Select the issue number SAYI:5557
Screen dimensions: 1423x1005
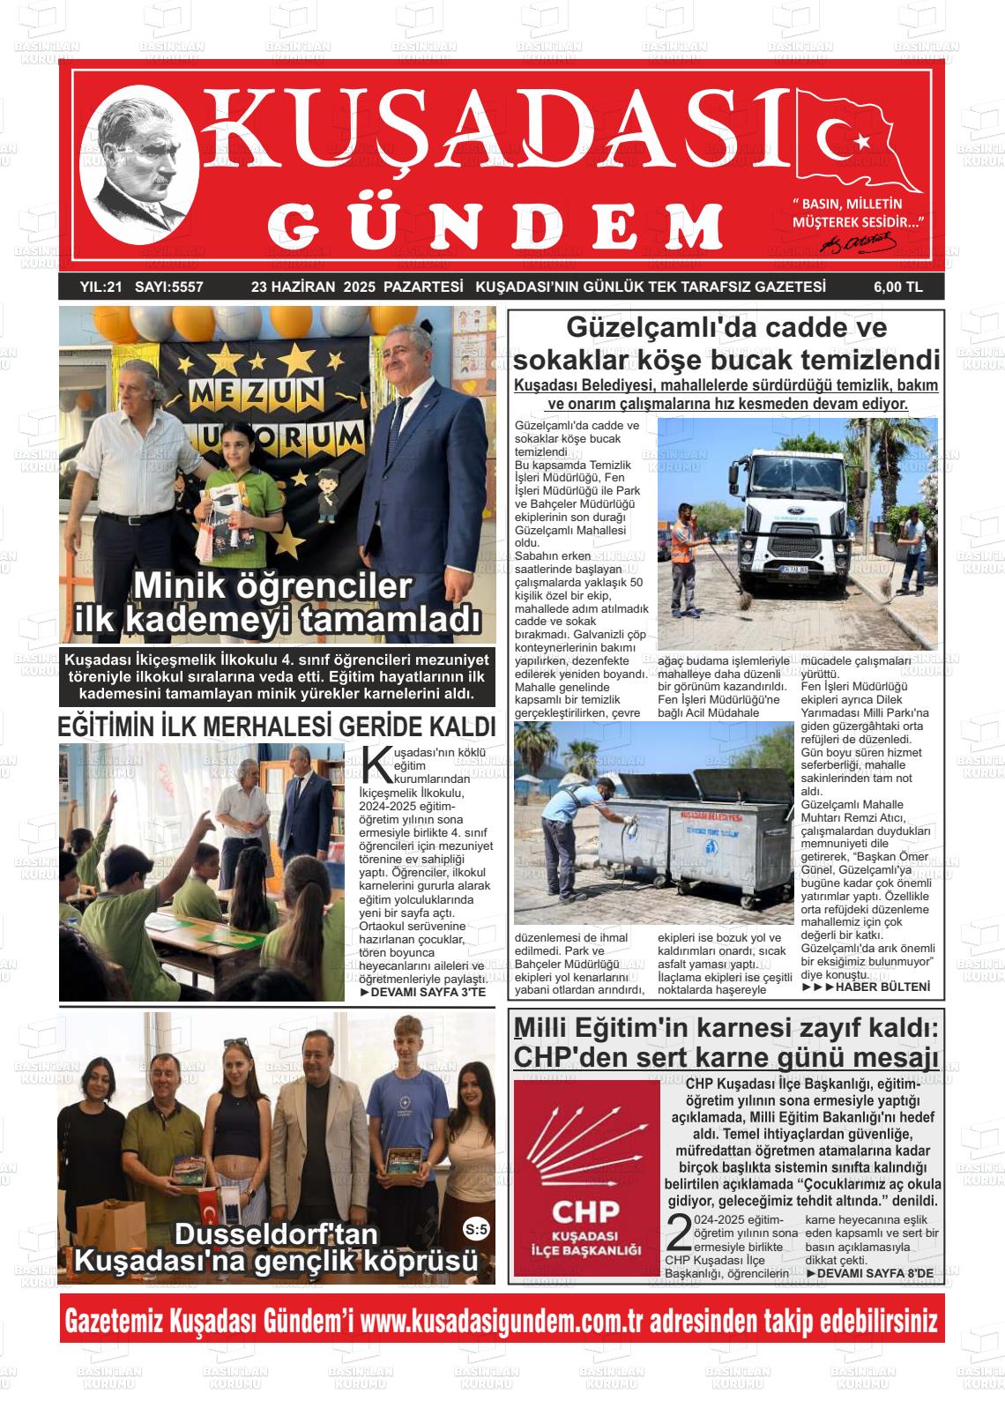(169, 287)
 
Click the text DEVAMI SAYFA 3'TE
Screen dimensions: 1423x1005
(423, 993)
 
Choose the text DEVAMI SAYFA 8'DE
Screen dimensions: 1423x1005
(869, 1274)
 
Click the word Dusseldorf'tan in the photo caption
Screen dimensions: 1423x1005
(276, 1233)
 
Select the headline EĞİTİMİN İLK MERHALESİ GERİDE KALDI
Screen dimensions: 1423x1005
(276, 726)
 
